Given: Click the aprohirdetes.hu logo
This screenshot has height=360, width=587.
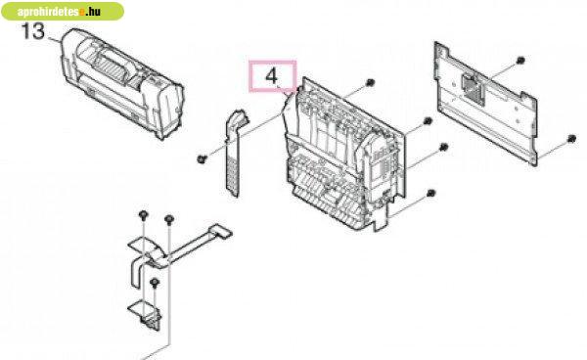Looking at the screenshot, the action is [x=63, y=11].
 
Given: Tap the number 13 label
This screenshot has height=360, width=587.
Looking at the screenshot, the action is [x=33, y=31].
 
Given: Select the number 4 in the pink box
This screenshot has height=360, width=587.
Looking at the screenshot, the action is [x=272, y=76].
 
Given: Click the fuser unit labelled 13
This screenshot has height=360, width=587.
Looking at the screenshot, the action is [x=122, y=83].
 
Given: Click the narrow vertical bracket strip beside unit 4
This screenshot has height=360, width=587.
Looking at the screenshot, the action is [x=235, y=152].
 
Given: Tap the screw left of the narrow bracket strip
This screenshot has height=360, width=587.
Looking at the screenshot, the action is [x=202, y=159].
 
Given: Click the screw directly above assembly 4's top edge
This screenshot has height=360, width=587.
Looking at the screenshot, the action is [x=370, y=82].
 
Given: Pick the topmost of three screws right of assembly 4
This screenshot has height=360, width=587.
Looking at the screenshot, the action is [x=428, y=121].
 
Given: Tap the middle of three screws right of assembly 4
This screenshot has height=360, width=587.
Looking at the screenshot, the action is [x=443, y=147].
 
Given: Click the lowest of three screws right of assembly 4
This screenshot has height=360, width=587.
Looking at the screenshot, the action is [x=431, y=193].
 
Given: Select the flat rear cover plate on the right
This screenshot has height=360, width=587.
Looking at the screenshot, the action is [x=485, y=103].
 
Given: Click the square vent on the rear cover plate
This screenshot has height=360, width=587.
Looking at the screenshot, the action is [x=474, y=88].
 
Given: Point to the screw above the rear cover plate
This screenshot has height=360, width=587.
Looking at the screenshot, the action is [x=520, y=60].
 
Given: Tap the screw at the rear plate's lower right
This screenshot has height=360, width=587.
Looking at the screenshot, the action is [x=571, y=139].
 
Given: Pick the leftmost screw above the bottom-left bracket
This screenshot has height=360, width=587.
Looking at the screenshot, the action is [x=143, y=215].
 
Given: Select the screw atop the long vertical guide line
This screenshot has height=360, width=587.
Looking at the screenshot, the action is [x=169, y=218].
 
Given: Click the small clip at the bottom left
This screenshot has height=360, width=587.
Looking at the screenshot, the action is [x=148, y=314].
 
